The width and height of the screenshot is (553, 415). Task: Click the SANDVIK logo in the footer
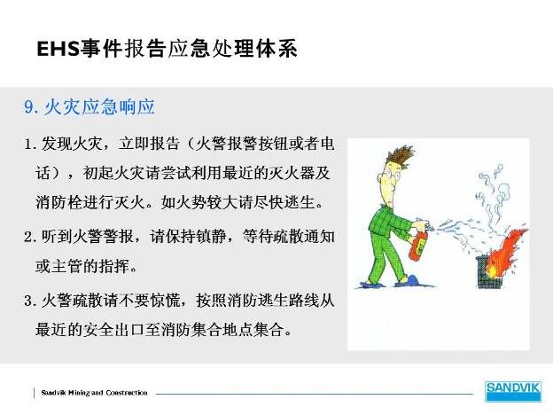pos(513,391)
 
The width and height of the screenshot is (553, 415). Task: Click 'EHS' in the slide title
pos(58,49)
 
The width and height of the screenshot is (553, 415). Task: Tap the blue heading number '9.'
pos(31,107)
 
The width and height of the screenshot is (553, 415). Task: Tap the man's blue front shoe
pos(407,281)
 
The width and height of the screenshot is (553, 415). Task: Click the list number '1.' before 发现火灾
pos(31,144)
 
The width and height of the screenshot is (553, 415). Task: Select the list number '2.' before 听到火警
pos(31,237)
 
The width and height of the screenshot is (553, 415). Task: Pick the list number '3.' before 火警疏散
pos(31,301)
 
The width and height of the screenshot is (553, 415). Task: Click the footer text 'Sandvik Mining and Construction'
pos(94,393)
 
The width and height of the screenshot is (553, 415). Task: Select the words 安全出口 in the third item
pos(113,330)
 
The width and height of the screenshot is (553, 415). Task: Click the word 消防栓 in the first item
pos(58,202)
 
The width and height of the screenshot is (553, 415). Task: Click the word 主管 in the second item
pos(67,266)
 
